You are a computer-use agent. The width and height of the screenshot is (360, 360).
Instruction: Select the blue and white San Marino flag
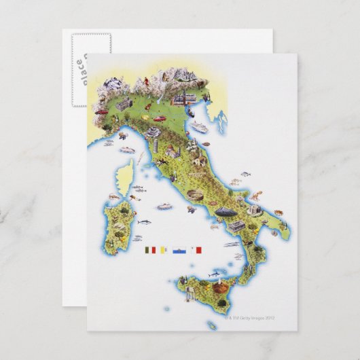(x=179, y=249)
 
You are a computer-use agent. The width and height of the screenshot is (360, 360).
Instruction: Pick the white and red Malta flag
(x=197, y=249)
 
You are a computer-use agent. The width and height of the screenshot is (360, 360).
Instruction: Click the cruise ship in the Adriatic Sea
(x=199, y=126)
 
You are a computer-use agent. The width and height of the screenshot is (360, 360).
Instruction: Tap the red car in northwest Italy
(x=101, y=111)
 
